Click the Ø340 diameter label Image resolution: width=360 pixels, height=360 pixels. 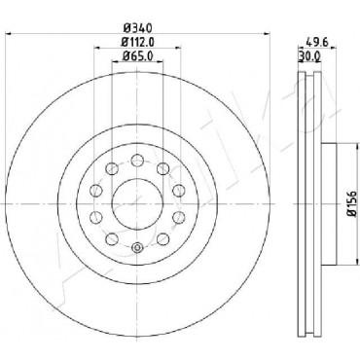pos(137,28)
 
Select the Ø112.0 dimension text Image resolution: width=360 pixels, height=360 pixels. pos(137,42)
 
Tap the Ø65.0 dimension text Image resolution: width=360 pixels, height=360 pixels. pos(137,55)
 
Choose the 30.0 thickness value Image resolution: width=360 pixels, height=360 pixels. pos(309,56)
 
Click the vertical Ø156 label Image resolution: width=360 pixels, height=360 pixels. pos(351,203)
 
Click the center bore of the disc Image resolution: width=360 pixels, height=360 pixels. pos(137,203)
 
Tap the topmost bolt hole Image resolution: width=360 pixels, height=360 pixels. pos(137,160)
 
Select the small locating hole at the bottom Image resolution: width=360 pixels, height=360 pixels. pos(137,248)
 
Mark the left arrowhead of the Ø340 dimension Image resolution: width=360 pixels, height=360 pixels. pos(9,33)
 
